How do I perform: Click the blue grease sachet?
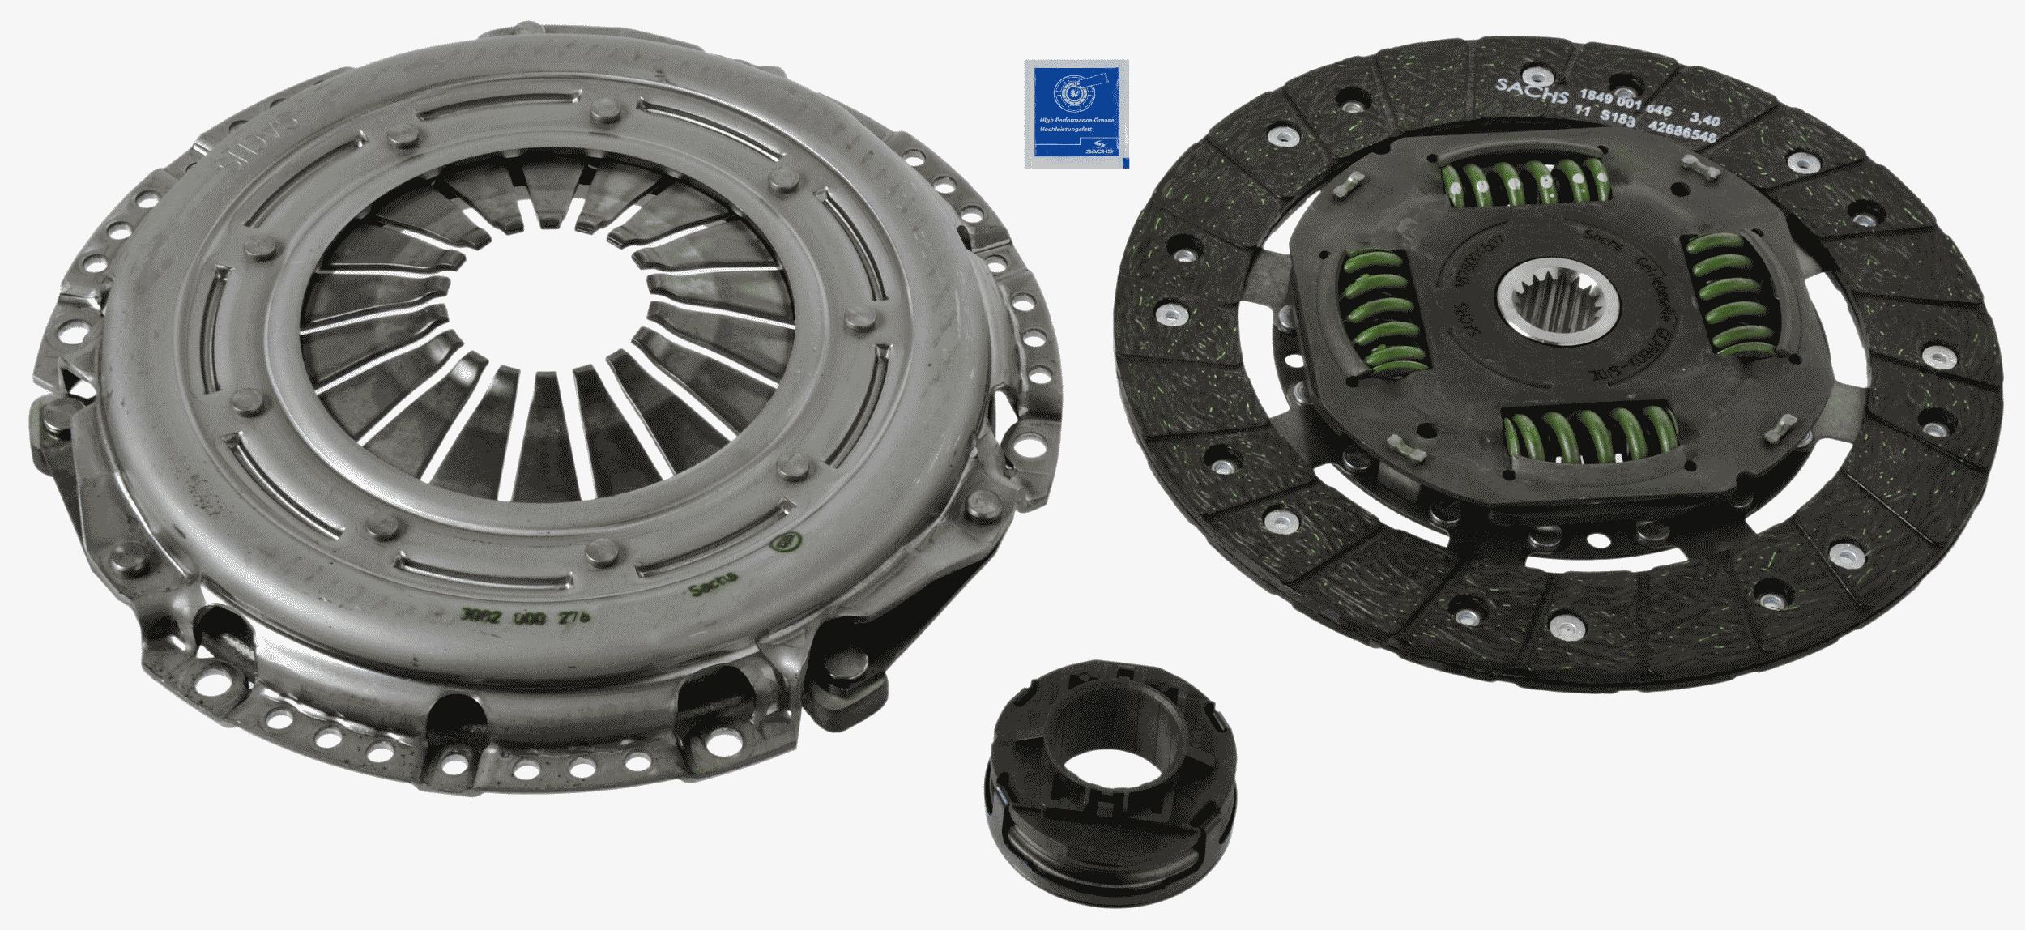coord(1076,113)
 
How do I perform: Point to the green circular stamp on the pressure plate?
coord(786,540)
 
